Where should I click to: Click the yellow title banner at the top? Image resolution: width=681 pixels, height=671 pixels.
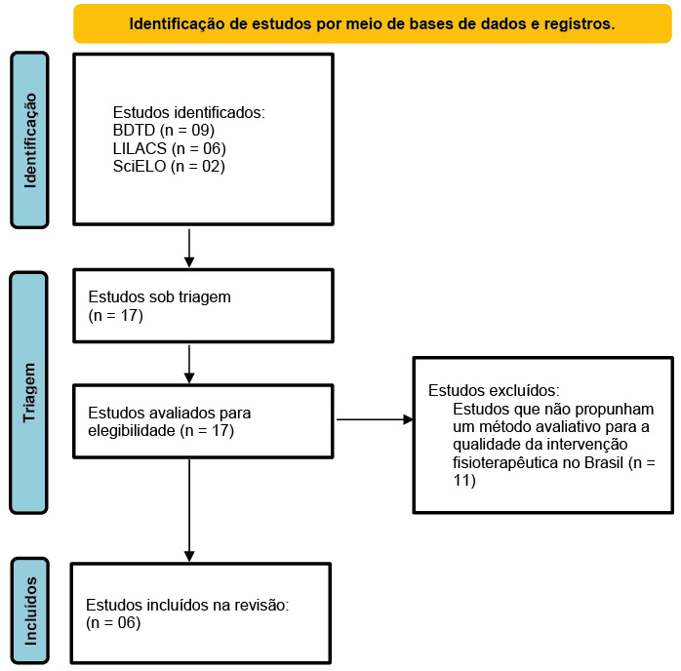point(372,23)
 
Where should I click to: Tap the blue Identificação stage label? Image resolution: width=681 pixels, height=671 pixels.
point(29,140)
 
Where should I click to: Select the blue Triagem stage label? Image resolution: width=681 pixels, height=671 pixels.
point(28,393)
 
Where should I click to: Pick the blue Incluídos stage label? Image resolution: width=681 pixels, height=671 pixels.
point(30,611)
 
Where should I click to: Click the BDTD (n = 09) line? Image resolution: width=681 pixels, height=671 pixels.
point(164,131)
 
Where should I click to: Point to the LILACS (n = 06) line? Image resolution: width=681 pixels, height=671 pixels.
point(170,148)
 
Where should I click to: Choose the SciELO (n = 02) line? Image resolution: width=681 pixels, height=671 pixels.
point(169,166)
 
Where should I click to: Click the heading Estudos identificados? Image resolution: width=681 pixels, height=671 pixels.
point(189,112)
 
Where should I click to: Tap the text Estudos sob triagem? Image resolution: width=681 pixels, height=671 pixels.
point(159,296)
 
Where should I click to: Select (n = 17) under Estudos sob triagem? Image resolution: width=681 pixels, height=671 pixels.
point(115,315)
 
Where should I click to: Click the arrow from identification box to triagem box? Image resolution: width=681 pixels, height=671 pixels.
point(189,248)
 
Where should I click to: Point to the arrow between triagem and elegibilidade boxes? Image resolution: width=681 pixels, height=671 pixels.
point(189,364)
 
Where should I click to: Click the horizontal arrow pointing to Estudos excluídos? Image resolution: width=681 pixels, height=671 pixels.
point(375,419)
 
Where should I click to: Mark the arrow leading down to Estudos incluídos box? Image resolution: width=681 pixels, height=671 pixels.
point(189,510)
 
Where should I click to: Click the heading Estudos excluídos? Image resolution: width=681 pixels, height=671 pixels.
point(494,391)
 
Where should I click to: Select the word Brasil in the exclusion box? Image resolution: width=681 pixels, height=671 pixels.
point(604,462)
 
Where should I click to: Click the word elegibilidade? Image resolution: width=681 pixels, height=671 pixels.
point(132,430)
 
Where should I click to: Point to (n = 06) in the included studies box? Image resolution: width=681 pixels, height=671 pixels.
point(113,623)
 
